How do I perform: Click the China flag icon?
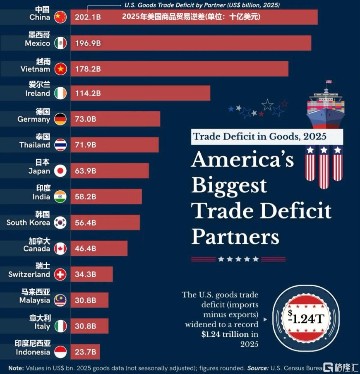[x=60, y=17]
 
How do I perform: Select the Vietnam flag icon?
[x=60, y=69]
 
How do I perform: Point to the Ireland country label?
[x=37, y=93]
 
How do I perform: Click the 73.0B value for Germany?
[x=86, y=119]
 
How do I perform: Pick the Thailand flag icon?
[x=60, y=145]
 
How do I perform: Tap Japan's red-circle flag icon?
[x=60, y=171]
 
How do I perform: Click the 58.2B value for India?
[x=86, y=197]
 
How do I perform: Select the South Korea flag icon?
[x=60, y=223]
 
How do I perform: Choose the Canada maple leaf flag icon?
[x=60, y=249]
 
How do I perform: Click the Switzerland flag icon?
[x=60, y=274]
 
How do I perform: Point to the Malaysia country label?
[x=34, y=300]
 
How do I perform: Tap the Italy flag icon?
[x=60, y=326]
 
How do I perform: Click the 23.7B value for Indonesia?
[x=86, y=352]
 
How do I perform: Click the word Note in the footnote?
[x=15, y=368]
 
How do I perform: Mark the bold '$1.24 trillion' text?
[x=226, y=334]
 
